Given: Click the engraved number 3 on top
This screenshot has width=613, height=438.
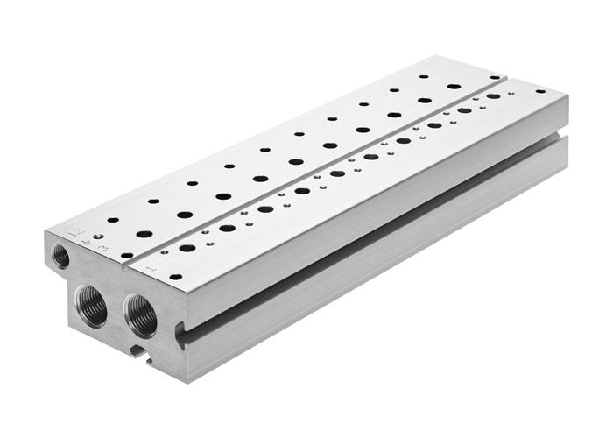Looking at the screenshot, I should [x=104, y=251].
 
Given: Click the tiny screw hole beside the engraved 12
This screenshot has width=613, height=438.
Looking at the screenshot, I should [x=99, y=236].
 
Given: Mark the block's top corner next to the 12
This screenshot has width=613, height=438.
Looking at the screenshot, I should [x=46, y=231].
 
